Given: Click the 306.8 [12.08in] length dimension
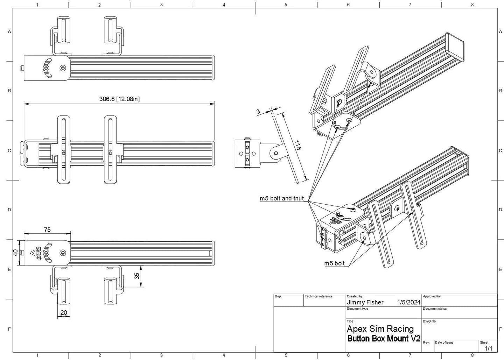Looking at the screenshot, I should pos(119,99).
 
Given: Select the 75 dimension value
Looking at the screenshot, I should pos(47,230).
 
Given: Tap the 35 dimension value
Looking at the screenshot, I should pos(137,276).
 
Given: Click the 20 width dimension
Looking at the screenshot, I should pos(63,312).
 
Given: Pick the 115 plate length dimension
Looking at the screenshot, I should pos(297,145).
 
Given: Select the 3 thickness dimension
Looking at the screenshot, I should pos(258,112).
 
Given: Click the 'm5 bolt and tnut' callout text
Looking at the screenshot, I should pos(282,198).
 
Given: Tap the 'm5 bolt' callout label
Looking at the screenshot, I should pos(334,263).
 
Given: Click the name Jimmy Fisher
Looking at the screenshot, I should pos(365,302).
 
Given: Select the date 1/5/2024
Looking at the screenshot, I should pos(409,302).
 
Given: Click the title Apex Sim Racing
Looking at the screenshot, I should pos(380,329).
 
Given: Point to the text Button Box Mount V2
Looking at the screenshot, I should pos(384,339).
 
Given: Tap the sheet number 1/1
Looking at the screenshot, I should pos(488,348).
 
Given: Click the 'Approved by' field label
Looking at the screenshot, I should pos(432,296).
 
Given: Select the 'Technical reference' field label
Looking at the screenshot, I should pos(318,296).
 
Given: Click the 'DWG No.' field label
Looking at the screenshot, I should pos(429,321).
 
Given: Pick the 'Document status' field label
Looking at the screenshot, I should pos(434,309).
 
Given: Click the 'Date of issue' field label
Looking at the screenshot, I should pos(444,342).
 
